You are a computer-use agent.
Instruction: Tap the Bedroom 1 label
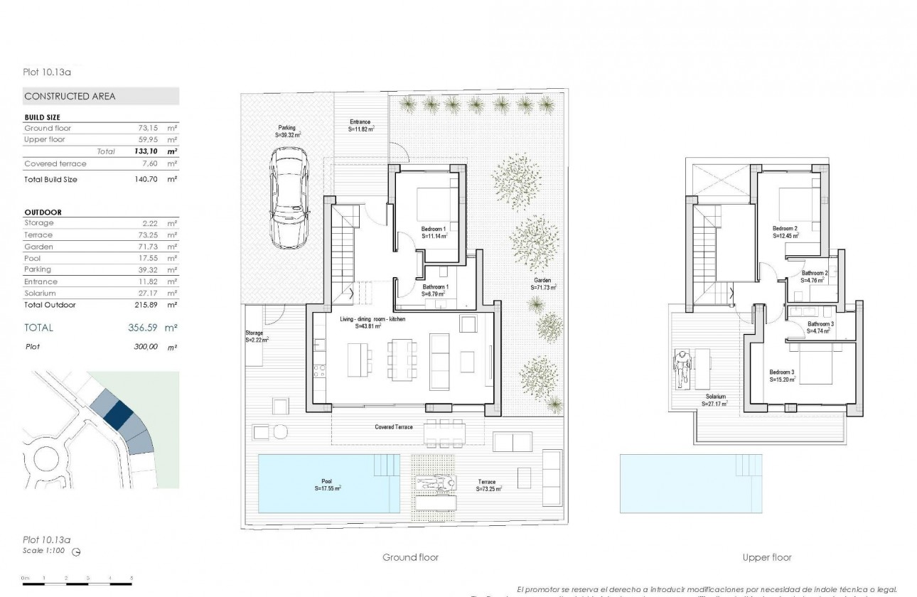(433, 229)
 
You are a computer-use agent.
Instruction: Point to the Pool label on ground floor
(327, 481)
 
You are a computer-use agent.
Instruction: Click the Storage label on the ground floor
(254, 333)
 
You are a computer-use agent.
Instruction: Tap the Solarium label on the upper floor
(716, 397)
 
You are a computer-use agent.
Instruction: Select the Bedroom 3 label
(782, 372)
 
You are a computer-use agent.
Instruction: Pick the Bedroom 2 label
(785, 229)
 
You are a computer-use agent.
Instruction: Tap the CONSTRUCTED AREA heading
(70, 96)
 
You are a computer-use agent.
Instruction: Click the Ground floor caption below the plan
(410, 558)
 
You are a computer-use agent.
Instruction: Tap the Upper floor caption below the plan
(767, 558)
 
